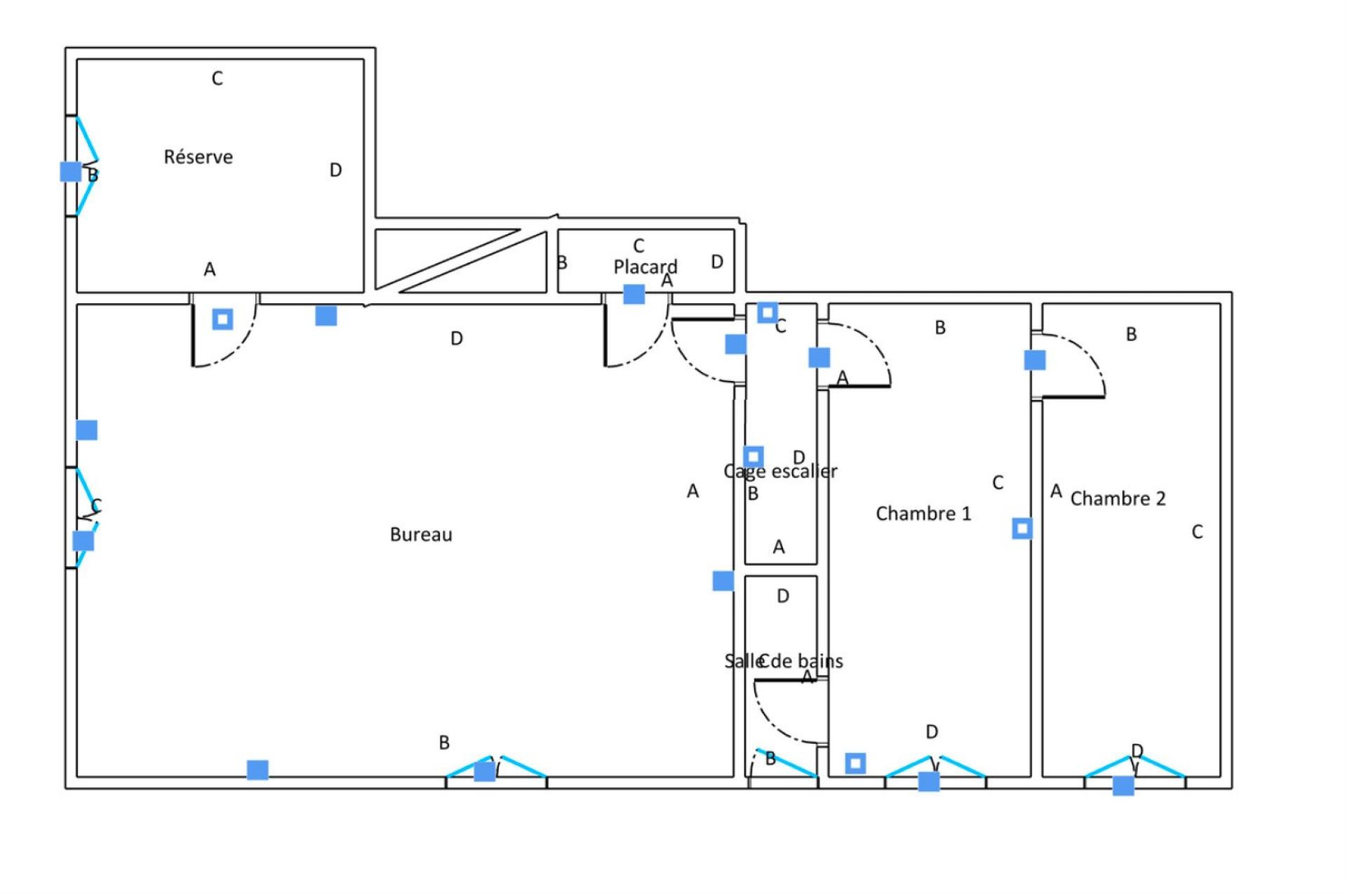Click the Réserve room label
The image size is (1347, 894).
click(x=198, y=156)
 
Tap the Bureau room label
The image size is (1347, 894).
click(x=421, y=535)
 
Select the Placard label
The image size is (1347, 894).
click(x=645, y=267)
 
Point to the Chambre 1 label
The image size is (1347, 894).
click(x=923, y=514)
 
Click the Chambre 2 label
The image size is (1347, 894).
click(x=1118, y=499)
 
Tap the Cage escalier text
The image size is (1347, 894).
click(x=780, y=471)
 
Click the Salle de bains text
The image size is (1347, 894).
click(x=784, y=661)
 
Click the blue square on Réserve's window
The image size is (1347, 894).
click(x=70, y=171)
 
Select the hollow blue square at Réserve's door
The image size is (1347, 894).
click(x=222, y=319)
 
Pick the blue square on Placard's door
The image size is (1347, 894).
click(x=634, y=294)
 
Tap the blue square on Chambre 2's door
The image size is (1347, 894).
click(x=1035, y=360)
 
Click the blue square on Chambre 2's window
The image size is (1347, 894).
click(x=1123, y=785)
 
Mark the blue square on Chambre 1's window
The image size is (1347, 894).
click(x=929, y=781)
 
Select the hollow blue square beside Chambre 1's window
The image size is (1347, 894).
click(x=855, y=763)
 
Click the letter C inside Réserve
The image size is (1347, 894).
click(x=217, y=79)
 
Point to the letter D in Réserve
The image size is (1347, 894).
click(x=335, y=171)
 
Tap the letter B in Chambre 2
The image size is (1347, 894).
click(x=1131, y=335)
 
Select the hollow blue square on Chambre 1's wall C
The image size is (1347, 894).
click(x=1022, y=528)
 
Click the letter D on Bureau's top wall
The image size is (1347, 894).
click(x=457, y=339)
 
